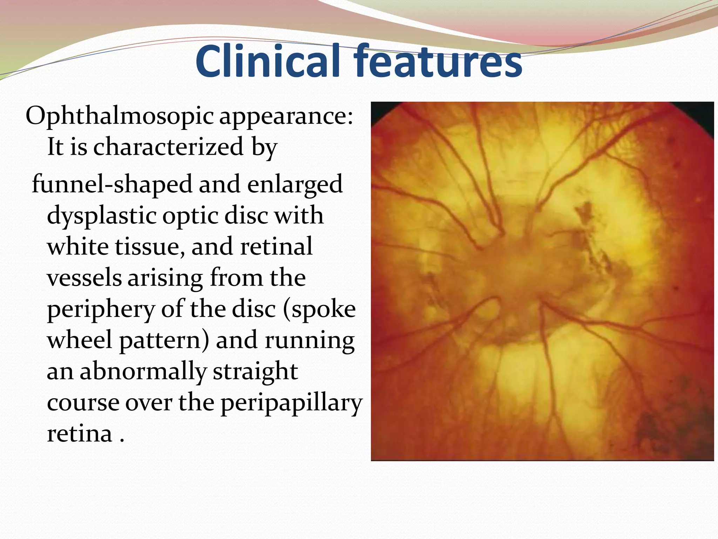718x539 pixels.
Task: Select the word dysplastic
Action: click(x=101, y=216)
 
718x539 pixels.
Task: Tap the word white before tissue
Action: click(x=78, y=246)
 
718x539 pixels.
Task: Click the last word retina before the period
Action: click(x=80, y=434)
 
